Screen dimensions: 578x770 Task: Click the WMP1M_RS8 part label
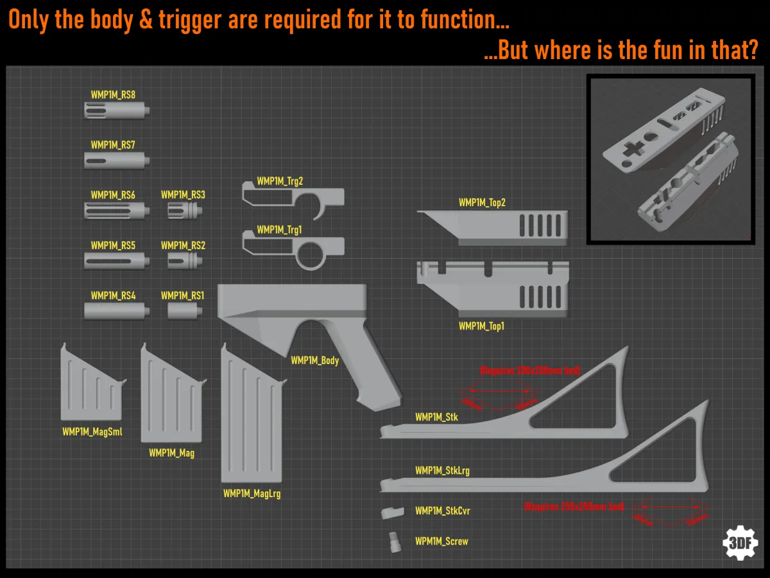[x=113, y=94]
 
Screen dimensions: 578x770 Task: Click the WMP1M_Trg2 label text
[x=280, y=181]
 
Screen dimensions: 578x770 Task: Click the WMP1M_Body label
[x=314, y=361]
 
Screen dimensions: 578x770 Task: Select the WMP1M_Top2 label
[x=482, y=203]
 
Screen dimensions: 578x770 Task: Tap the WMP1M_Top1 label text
[x=481, y=326]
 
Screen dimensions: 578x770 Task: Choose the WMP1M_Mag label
[x=171, y=453]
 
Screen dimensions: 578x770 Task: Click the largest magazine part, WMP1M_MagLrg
[x=251, y=417]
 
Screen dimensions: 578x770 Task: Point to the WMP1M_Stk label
[x=436, y=417]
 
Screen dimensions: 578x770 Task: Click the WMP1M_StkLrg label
[x=442, y=471]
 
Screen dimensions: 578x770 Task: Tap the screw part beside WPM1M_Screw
[x=393, y=541]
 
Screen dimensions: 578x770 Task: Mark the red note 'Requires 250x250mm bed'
[x=574, y=506]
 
